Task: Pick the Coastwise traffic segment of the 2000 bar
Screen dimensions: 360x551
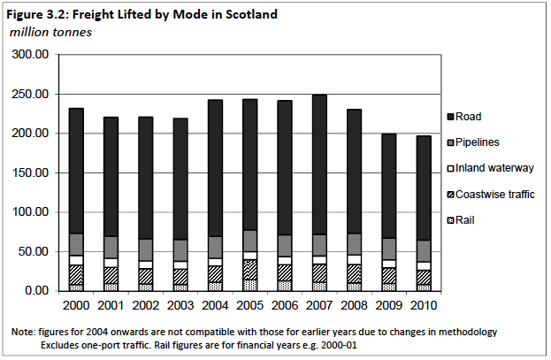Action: click(x=76, y=274)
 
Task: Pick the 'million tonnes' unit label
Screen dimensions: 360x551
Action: click(x=50, y=31)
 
